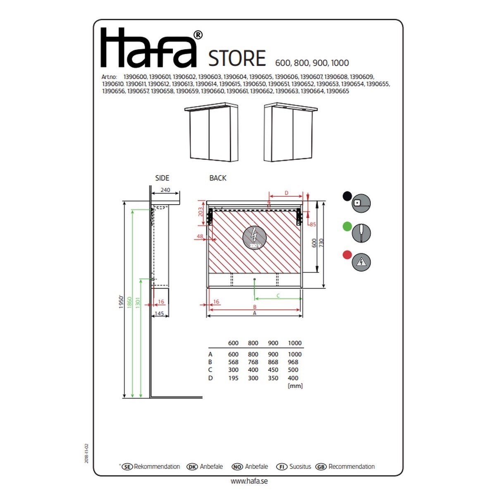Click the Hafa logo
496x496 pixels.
[x=151, y=48]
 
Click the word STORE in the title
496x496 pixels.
[x=237, y=58]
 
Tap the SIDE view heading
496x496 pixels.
[x=162, y=178]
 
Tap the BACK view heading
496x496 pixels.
[x=218, y=178]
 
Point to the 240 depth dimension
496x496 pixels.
[x=165, y=190]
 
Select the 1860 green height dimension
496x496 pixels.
[x=129, y=303]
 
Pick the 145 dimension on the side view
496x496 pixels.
[x=159, y=313]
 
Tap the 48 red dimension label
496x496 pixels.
[x=200, y=236]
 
